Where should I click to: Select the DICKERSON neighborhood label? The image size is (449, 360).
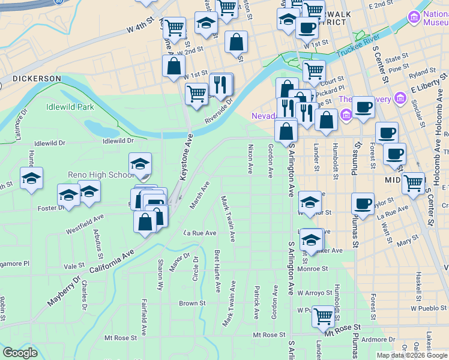(37, 79)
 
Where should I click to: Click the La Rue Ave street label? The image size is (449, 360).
(200, 233)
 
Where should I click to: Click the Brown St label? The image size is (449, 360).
(192, 304)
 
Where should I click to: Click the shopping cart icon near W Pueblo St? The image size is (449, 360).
(324, 315)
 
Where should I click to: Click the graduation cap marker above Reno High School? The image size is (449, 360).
(140, 163)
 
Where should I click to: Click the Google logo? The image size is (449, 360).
(19, 353)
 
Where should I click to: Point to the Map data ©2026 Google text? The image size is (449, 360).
(412, 355)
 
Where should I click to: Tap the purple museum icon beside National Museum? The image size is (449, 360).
(414, 19)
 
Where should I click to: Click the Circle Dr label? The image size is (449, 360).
(195, 268)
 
